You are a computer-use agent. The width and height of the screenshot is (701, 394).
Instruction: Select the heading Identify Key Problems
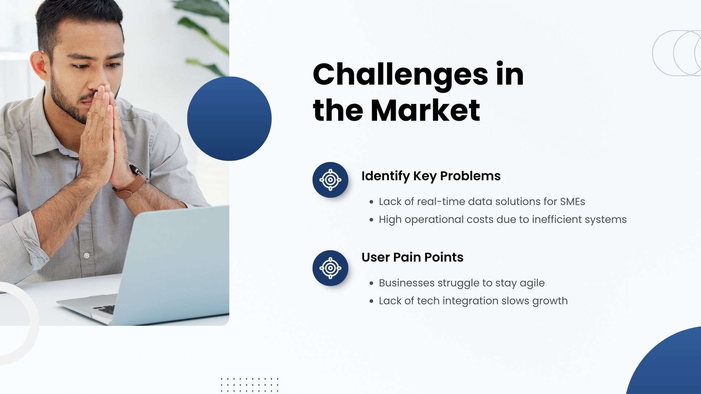click(x=431, y=176)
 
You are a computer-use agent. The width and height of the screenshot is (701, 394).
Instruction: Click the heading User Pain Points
click(x=412, y=257)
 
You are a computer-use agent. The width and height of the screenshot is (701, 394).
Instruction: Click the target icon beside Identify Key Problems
click(x=330, y=180)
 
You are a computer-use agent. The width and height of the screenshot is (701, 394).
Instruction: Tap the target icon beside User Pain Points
click(x=330, y=268)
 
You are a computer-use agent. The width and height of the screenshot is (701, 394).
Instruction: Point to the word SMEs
click(x=572, y=201)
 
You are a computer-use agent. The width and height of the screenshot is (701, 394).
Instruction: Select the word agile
click(x=532, y=283)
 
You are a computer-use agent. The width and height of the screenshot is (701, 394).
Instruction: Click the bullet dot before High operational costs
click(x=371, y=220)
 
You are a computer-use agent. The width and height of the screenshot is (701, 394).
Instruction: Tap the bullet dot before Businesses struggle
click(x=371, y=283)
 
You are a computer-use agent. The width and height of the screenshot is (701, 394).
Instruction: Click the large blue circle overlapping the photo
click(x=229, y=119)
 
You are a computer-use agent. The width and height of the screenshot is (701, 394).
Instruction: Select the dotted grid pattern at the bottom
click(x=250, y=385)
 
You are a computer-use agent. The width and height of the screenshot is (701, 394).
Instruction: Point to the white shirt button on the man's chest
click(x=87, y=255)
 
